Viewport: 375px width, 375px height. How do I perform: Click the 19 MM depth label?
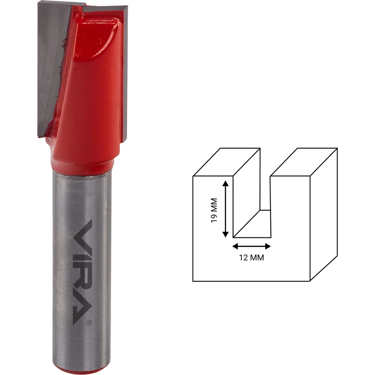click(x=214, y=210)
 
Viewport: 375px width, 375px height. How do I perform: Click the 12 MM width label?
click(x=252, y=258)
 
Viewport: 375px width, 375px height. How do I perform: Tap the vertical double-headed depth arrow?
click(x=225, y=209)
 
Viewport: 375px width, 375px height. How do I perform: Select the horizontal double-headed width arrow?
click(x=252, y=246)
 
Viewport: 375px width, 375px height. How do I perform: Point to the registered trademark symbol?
click(x=89, y=322)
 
